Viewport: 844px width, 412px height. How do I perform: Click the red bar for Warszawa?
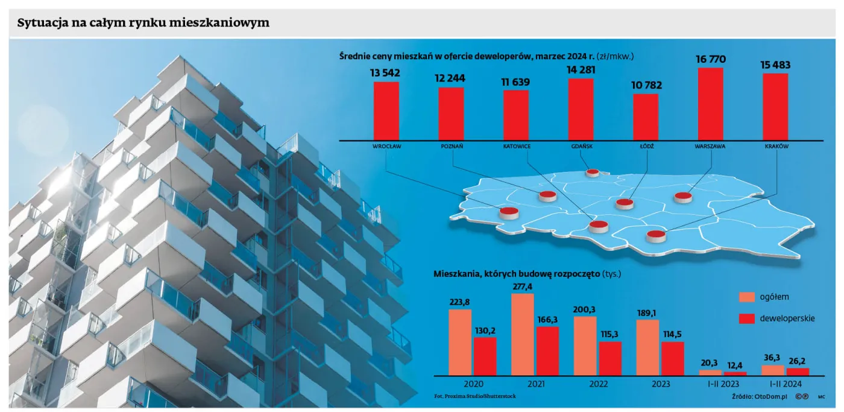710,104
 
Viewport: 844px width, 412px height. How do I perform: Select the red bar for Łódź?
646,117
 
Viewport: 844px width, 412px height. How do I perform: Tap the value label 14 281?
581,70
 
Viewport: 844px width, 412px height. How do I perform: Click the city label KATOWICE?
517,146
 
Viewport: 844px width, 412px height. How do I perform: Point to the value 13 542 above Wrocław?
385,73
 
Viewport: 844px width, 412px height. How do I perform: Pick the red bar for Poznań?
451,114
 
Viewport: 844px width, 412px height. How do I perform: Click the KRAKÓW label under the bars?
776,146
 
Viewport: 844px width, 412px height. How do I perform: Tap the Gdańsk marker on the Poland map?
592,173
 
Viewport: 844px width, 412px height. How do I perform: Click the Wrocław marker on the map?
509,213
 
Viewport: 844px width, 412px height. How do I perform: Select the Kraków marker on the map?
656,236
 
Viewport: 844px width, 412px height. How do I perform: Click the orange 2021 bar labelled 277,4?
523,334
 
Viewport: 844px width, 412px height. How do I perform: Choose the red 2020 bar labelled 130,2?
485,357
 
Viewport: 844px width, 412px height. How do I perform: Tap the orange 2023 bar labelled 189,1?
647,347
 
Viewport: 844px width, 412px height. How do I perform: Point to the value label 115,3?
609,334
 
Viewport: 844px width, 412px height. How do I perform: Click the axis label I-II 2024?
786,384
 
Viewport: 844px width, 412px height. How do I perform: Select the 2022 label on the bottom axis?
598,384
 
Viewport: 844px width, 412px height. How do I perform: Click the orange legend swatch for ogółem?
747,297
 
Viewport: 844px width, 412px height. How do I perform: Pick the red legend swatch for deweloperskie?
747,319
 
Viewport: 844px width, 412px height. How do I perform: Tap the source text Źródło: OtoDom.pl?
760,396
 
